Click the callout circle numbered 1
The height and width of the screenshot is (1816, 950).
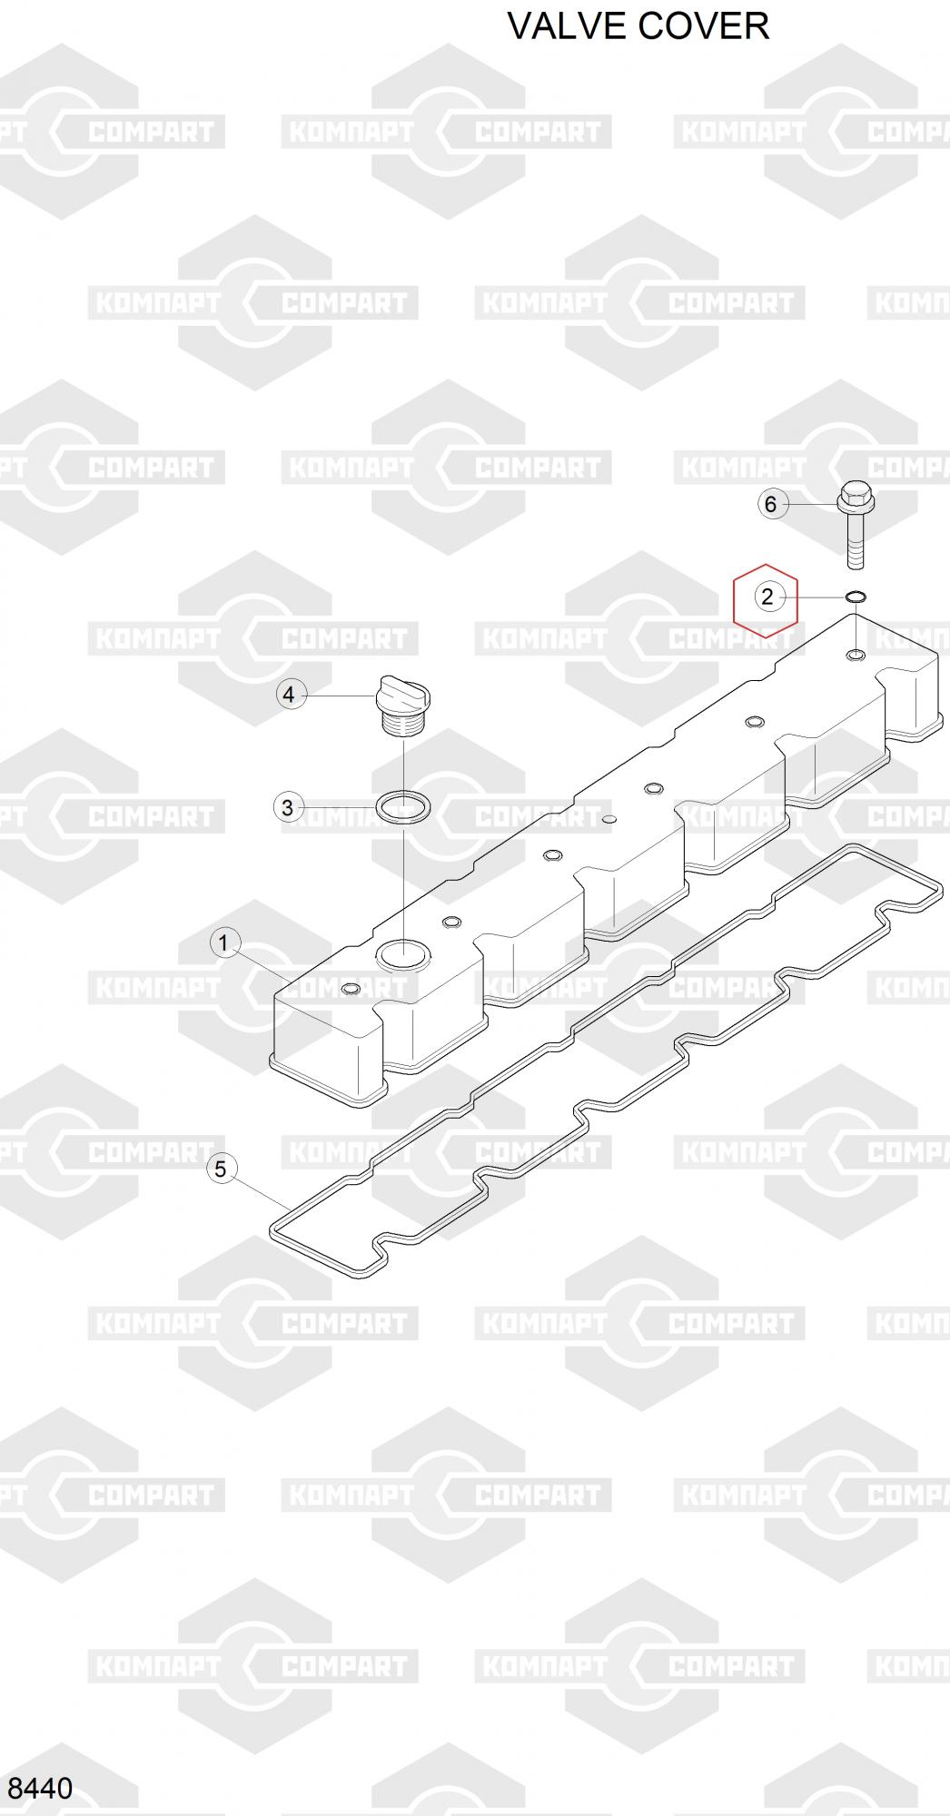tap(224, 943)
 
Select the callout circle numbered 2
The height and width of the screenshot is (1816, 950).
tap(767, 597)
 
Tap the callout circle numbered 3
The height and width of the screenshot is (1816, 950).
tap(288, 806)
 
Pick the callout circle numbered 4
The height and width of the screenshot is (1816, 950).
tap(289, 695)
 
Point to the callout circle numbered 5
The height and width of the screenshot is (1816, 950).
tap(221, 1169)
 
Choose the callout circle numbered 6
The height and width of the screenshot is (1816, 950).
tap(771, 504)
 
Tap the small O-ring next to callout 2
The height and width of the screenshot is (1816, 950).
tap(856, 597)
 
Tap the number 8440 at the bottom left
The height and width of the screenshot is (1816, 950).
tap(39, 1788)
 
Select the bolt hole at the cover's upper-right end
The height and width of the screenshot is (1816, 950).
tap(856, 655)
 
